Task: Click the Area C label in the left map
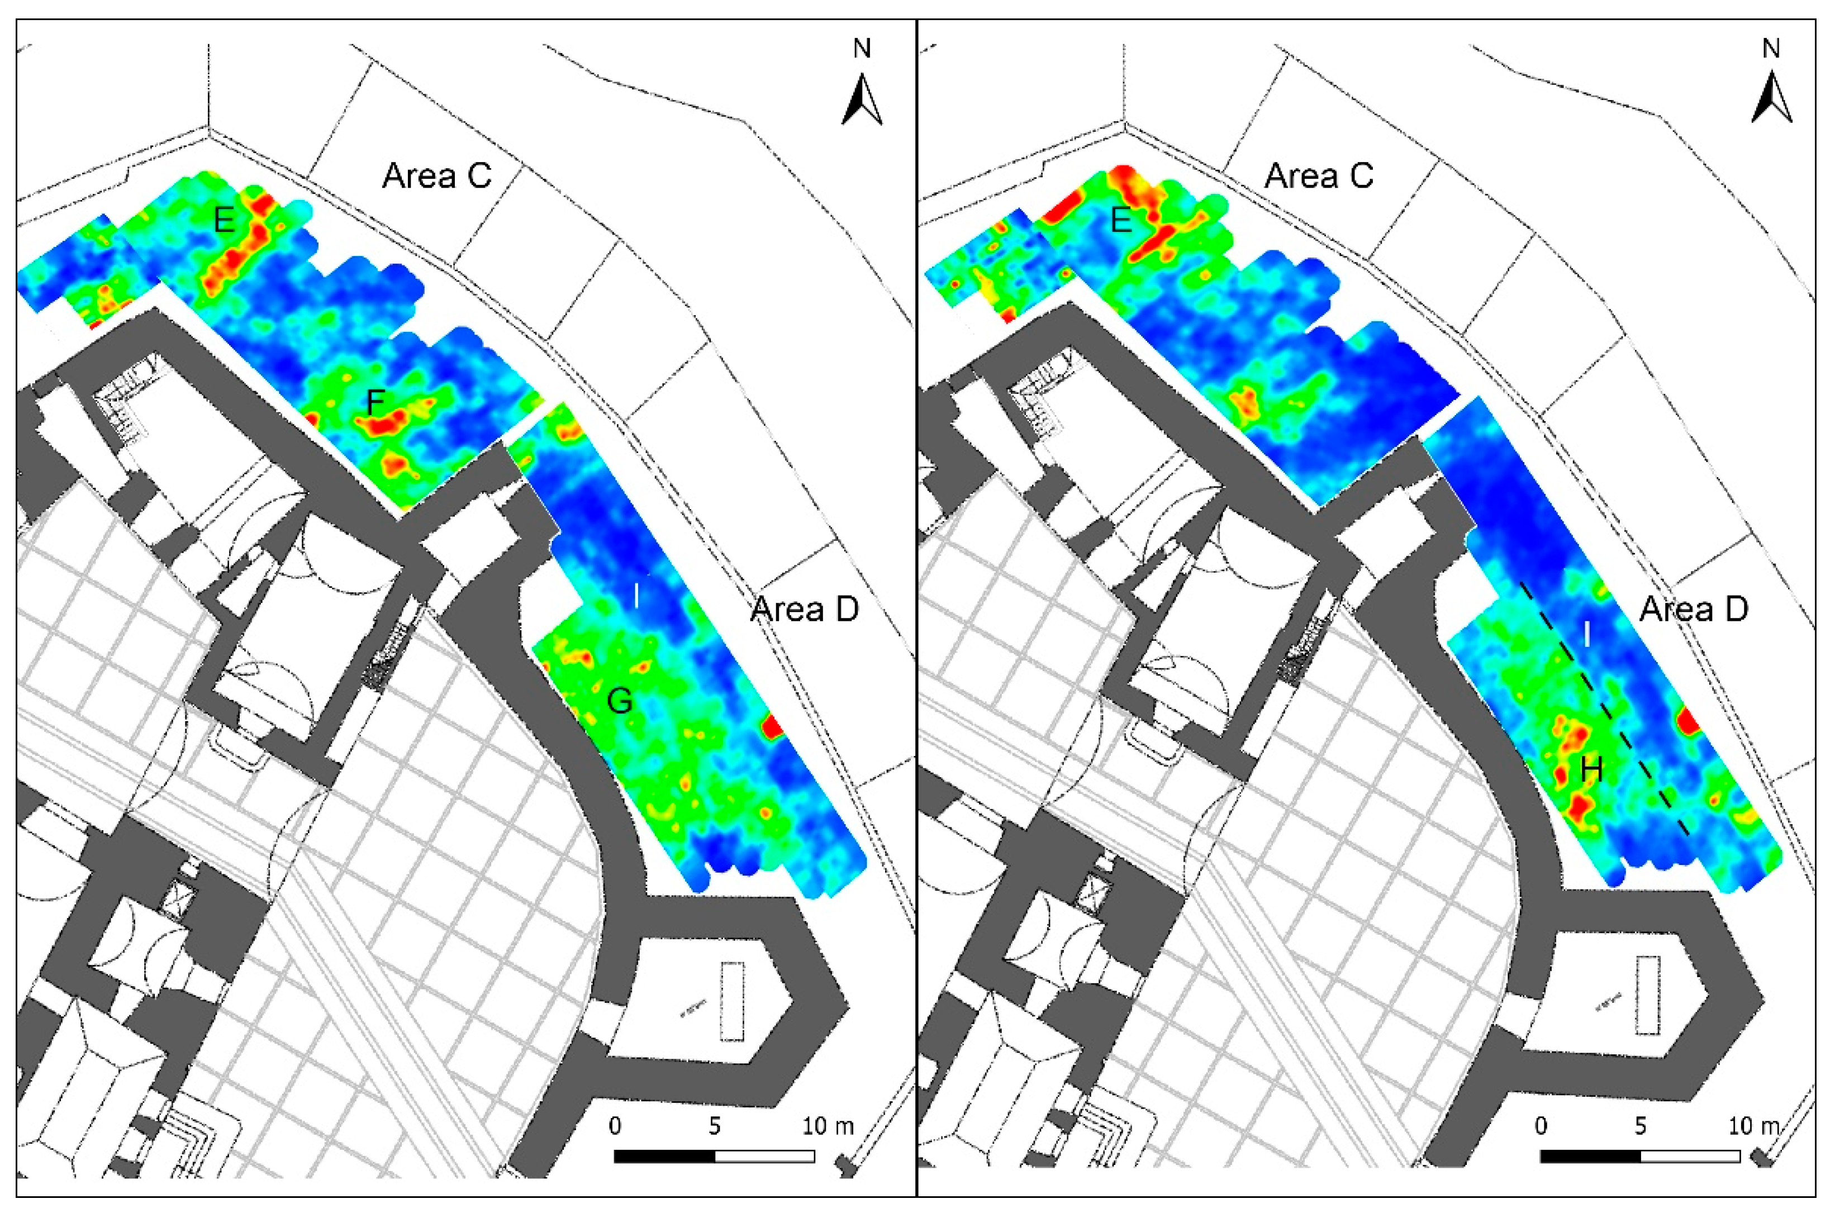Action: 436,177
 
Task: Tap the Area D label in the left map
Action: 805,610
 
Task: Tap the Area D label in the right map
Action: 1694,610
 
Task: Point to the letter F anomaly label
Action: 375,402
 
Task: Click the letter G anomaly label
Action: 620,701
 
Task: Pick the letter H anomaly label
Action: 1591,770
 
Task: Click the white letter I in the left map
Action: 636,596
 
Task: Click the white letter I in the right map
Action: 1587,634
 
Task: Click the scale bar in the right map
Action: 1640,1156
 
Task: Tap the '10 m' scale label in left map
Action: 827,1126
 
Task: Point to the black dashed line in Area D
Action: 1601,705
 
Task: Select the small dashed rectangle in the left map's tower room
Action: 731,1001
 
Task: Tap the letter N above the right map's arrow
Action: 1771,49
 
